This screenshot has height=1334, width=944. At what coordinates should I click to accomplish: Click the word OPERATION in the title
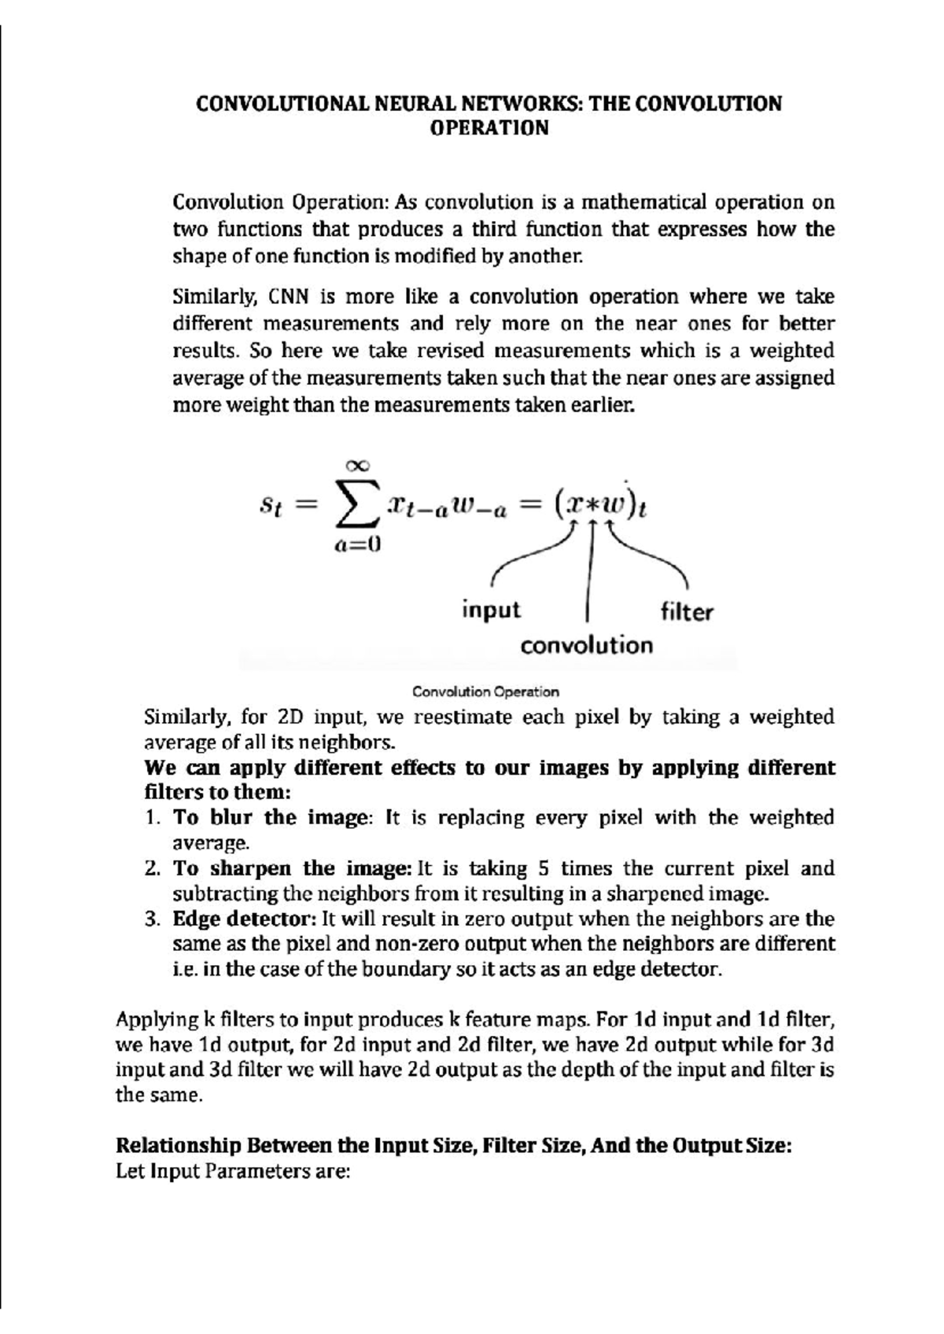point(489,128)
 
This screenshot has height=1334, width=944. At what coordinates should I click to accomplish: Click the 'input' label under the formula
point(491,610)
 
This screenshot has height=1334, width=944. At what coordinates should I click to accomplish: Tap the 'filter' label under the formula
point(687,612)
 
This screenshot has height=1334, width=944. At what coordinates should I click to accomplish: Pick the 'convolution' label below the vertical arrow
point(587,646)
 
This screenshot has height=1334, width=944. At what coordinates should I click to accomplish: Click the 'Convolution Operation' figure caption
point(485,692)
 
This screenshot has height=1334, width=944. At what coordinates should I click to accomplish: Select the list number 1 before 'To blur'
point(152,818)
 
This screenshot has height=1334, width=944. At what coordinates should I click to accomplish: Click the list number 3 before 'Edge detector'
point(152,919)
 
